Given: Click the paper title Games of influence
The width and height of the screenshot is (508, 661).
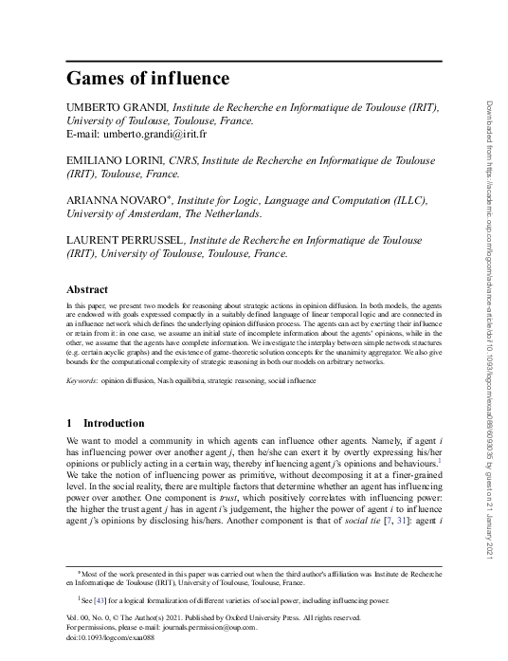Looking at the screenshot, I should coord(148,76).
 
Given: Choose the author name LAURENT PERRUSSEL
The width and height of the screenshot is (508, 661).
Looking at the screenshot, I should coord(123,241).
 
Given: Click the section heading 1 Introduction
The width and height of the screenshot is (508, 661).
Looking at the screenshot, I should coord(105,422).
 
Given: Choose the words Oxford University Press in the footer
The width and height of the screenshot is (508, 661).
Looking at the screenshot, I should coord(260,616).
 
